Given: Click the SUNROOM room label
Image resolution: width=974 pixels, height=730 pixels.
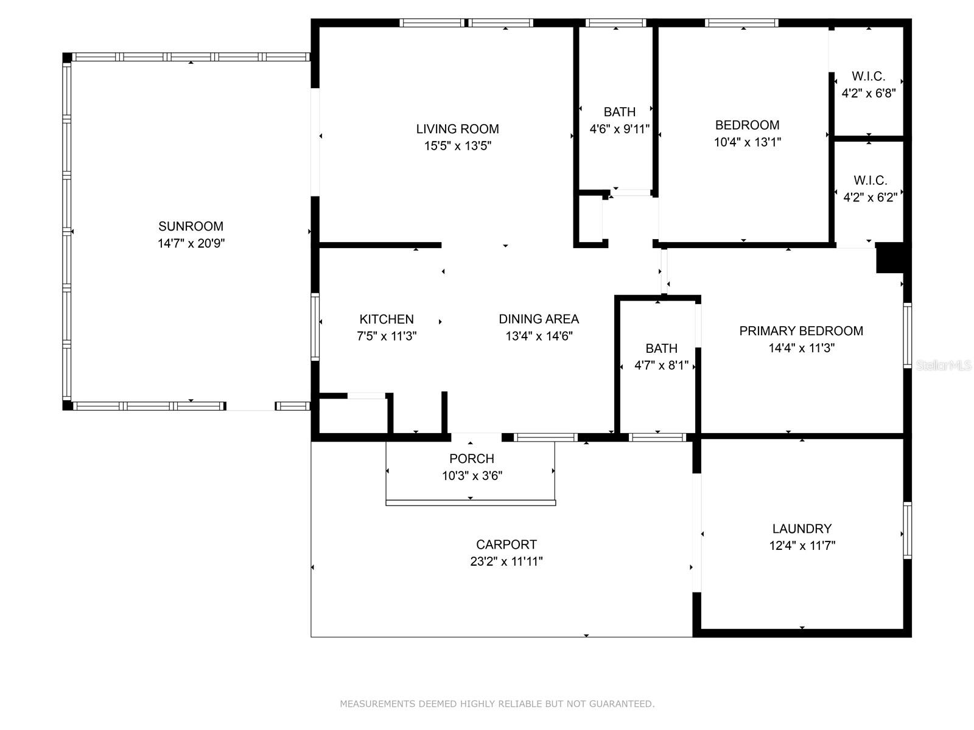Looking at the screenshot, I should tap(191, 226).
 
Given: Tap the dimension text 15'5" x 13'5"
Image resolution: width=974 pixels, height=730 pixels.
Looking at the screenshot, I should tap(458, 146).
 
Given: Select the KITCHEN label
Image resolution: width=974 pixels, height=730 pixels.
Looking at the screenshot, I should tap(387, 319).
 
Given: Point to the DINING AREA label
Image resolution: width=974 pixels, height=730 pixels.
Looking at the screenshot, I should tap(539, 319).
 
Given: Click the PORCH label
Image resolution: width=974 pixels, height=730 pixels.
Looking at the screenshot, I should tap(472, 459).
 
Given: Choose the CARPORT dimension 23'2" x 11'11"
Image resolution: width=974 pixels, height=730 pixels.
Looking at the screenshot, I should tap(506, 561).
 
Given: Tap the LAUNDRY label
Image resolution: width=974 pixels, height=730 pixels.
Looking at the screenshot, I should tap(802, 529).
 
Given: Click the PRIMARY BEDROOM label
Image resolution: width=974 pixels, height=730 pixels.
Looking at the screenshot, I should tap(801, 331).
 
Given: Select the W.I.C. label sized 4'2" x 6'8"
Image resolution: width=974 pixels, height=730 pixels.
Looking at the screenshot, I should tap(869, 77).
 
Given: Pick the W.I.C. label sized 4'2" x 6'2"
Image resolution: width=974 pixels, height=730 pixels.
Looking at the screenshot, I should tap(871, 181).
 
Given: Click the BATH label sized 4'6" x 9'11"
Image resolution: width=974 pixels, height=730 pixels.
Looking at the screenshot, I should tap(620, 112).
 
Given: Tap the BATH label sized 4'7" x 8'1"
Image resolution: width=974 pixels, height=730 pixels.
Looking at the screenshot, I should tap(661, 349).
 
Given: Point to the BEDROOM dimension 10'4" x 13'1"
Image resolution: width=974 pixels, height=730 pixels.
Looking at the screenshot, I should tap(748, 142).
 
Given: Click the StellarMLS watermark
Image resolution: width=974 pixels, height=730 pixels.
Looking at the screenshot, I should tap(944, 365).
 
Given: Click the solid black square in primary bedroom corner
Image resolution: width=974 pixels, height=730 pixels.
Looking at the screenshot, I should tap(890, 258).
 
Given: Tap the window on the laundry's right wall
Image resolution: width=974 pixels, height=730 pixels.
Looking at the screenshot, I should tap(907, 530).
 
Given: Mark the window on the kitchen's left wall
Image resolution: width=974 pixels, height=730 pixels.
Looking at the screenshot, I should tap(315, 327).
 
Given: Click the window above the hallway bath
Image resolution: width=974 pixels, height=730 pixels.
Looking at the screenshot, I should tap(615, 23).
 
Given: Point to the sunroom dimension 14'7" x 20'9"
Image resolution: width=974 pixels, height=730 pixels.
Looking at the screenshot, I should tap(191, 243).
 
